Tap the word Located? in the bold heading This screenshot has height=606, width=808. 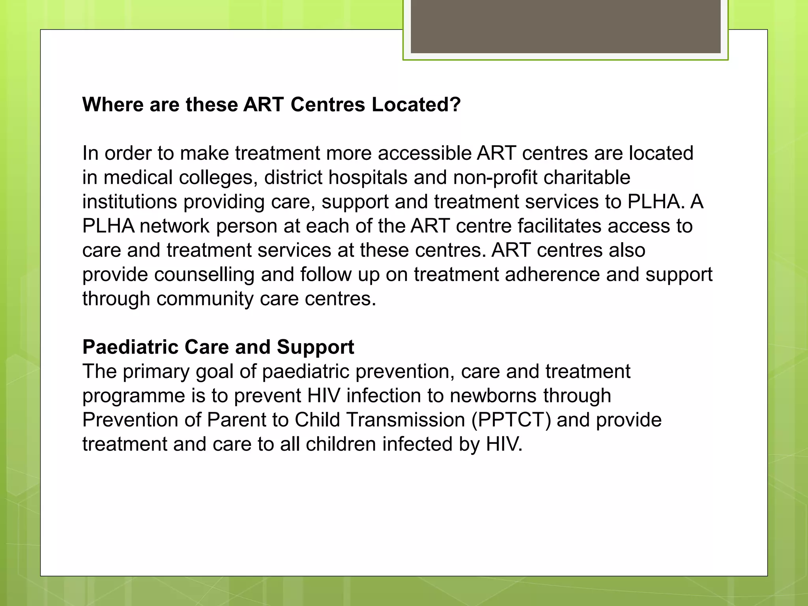coord(416,105)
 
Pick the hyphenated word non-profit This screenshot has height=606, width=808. coord(495,178)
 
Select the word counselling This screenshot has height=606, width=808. coord(204,275)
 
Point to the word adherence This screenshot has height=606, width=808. coord(552,275)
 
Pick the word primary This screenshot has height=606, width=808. coord(156,372)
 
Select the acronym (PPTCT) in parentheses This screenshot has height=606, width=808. coord(511,420)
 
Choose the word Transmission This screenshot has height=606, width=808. coord(380,420)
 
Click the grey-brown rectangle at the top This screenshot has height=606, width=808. coord(565,26)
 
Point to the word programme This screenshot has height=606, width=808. coord(133,396)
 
